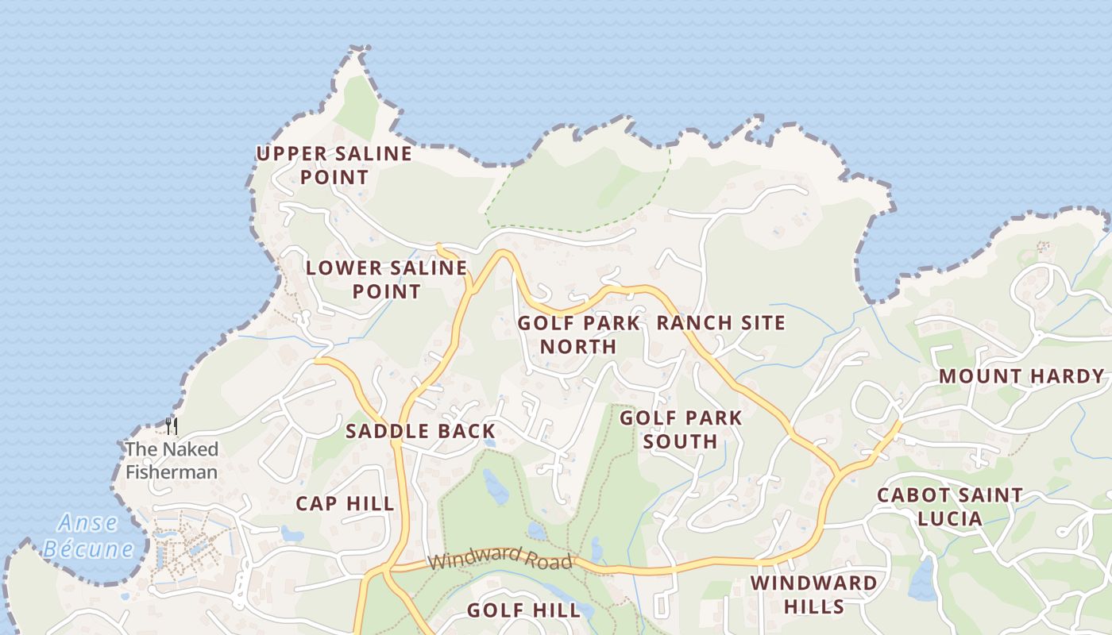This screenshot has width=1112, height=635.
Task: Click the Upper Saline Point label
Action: [x=334, y=164]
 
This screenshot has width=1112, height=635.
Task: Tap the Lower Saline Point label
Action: [x=386, y=279]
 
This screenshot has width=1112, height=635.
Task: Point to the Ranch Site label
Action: [x=720, y=322]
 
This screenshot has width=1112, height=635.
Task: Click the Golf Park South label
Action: [x=681, y=429]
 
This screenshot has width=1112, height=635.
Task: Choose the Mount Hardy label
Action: [x=1021, y=376]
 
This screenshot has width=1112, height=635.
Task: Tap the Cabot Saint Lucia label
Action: [x=949, y=506]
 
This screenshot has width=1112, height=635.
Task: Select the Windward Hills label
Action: [x=814, y=595]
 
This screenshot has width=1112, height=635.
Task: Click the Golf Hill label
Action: [x=523, y=610]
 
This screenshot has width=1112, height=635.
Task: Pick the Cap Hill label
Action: [x=345, y=503]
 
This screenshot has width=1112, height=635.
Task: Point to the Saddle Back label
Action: [x=420, y=431]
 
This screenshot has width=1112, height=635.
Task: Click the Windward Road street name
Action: [x=500, y=558]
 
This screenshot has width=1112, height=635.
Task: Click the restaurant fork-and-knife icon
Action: [x=171, y=426]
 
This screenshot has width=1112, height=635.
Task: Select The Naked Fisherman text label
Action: [x=171, y=460]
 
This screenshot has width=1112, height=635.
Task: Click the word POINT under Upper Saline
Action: [x=334, y=176]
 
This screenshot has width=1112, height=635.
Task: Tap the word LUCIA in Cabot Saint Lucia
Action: [x=949, y=519]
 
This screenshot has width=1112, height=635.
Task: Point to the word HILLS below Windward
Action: [x=814, y=606]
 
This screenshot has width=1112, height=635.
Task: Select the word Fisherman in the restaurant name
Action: [x=171, y=472]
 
